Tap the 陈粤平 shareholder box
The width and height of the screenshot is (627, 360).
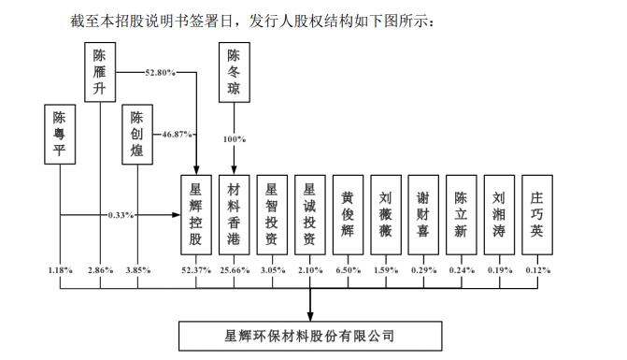61,135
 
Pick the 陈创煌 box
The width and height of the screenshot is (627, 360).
137,135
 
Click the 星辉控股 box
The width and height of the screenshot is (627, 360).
195,214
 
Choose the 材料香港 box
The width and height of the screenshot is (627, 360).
234,214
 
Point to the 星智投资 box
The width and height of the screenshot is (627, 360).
272,214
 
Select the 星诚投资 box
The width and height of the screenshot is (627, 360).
310,214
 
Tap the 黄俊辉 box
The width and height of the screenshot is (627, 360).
348,214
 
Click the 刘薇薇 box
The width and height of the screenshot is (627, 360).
386,214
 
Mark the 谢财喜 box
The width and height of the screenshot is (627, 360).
424,214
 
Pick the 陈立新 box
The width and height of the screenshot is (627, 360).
462,214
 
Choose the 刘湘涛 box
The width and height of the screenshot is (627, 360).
499,214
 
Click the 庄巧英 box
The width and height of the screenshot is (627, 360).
537,214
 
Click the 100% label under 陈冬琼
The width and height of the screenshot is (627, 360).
234,138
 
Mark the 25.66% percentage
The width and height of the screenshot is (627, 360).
234,270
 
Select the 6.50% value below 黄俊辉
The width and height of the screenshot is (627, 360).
348,270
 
